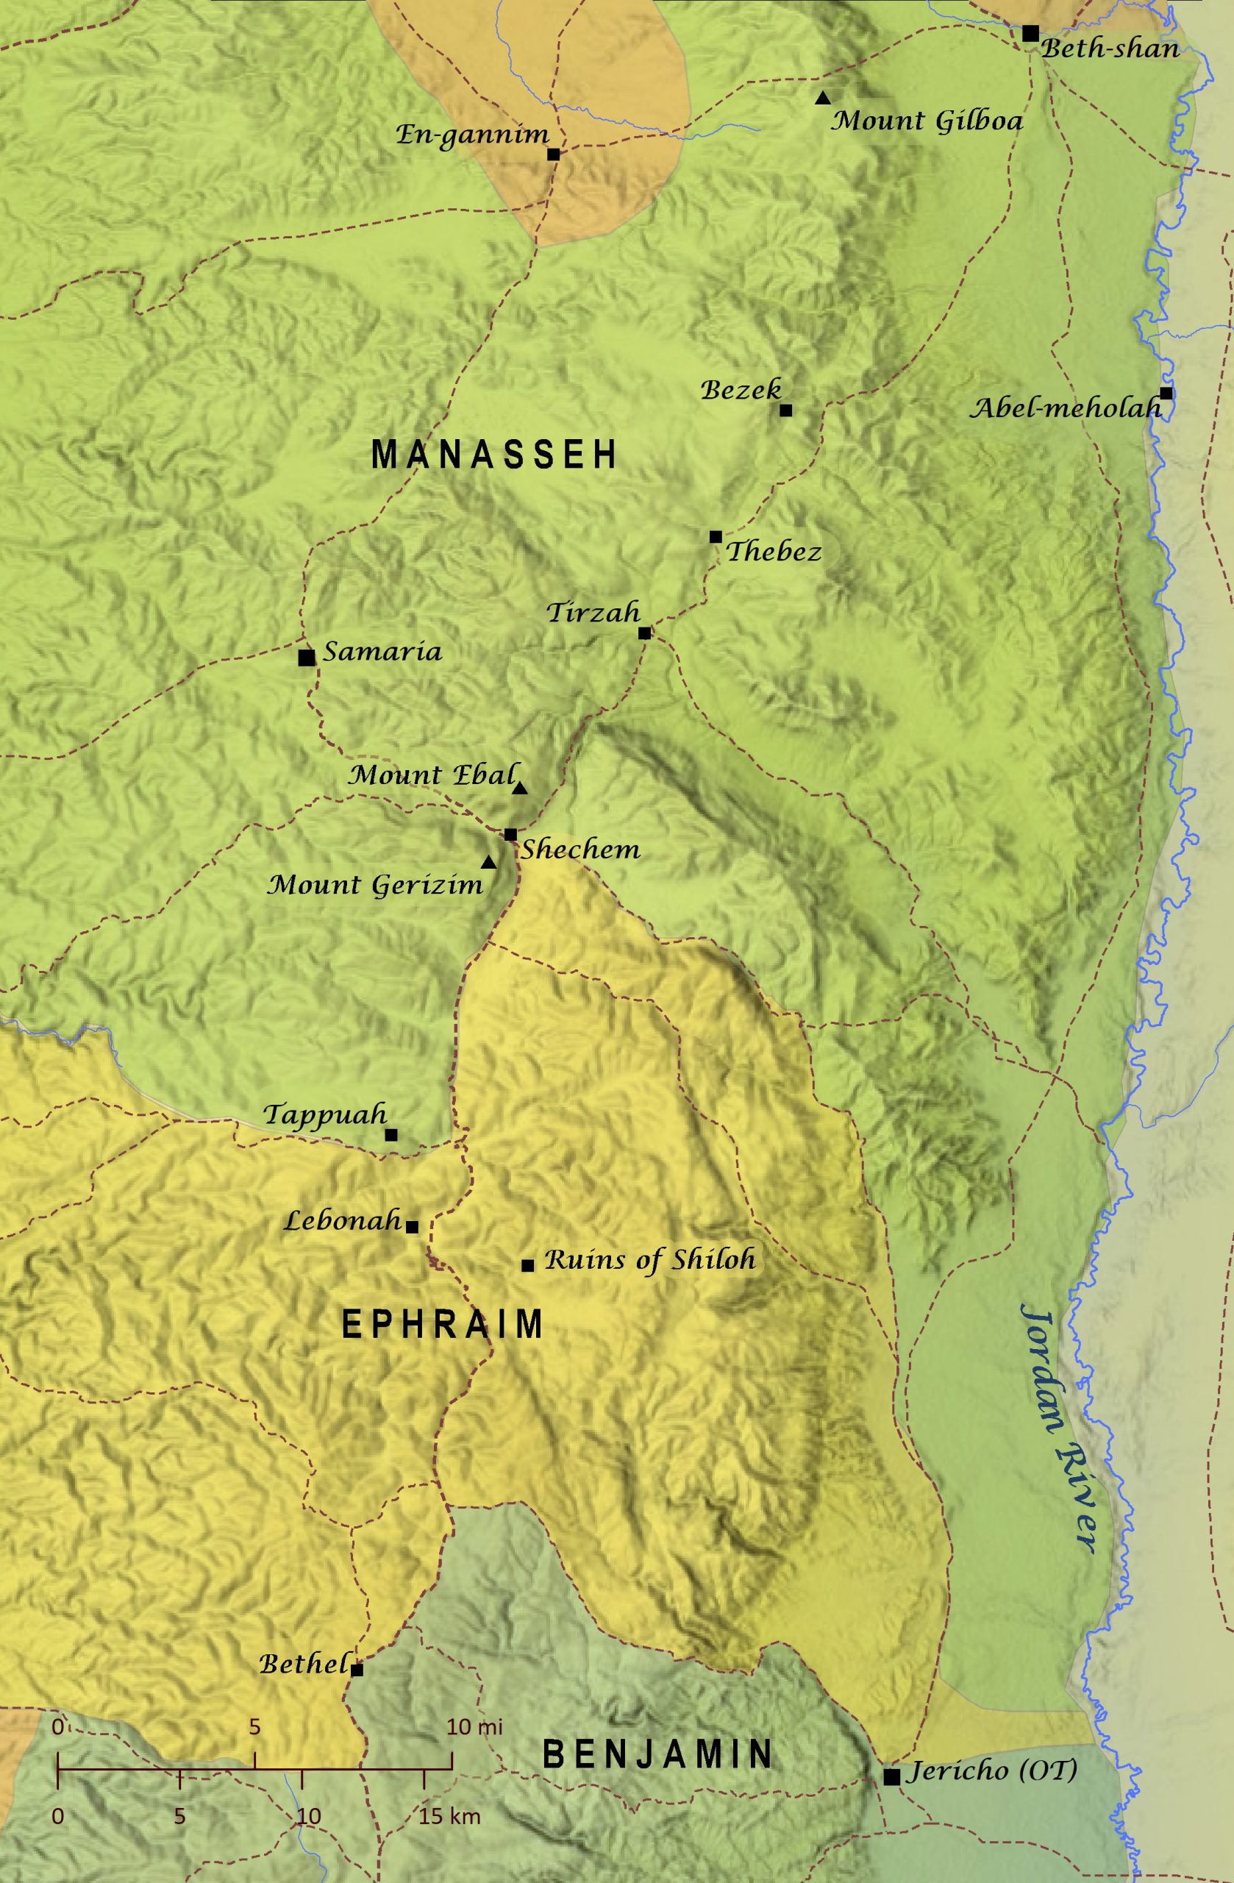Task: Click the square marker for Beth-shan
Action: click(1030, 33)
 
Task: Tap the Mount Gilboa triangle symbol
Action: click(823, 98)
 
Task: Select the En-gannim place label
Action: click(472, 135)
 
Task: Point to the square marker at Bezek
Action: click(785, 410)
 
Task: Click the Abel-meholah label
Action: click(1065, 408)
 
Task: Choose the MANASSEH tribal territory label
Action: click(494, 455)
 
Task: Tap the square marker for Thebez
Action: click(715, 536)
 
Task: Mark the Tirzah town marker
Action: click(644, 633)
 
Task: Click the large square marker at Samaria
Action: click(306, 658)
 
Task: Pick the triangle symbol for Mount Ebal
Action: click(520, 789)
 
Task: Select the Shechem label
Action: click(579, 850)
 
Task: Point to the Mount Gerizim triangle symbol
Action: click(489, 862)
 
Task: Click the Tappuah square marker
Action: click(390, 1134)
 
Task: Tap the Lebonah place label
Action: click(343, 1221)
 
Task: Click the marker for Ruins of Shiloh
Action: click(527, 1265)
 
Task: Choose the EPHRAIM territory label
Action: click(442, 1325)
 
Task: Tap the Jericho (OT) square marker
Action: click(891, 1777)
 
